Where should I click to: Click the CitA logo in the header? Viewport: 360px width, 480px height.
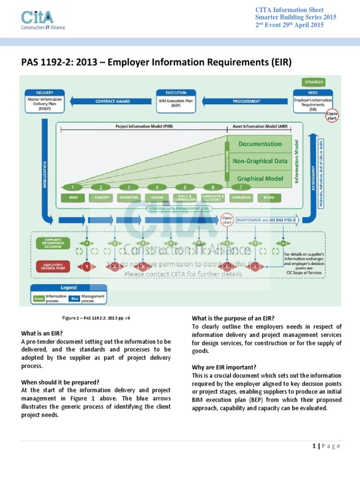click(x=43, y=19)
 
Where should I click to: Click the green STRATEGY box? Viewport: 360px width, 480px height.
click(x=314, y=82)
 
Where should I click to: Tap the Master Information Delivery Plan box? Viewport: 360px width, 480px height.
click(x=44, y=101)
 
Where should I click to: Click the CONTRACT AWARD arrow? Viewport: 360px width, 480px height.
click(x=113, y=101)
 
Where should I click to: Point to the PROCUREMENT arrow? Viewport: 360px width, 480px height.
click(x=246, y=101)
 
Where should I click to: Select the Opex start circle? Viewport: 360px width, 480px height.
click(x=227, y=219)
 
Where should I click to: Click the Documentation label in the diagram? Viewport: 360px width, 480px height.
click(x=260, y=144)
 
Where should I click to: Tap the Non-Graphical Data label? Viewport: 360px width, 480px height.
click(x=260, y=161)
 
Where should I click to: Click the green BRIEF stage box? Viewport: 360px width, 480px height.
click(x=73, y=198)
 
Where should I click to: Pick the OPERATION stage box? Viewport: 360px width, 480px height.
click(x=240, y=198)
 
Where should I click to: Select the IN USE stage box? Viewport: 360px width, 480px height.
click(x=269, y=198)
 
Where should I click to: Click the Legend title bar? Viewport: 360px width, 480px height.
click(x=68, y=288)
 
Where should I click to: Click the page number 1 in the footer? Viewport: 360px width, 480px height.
click(x=314, y=446)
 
